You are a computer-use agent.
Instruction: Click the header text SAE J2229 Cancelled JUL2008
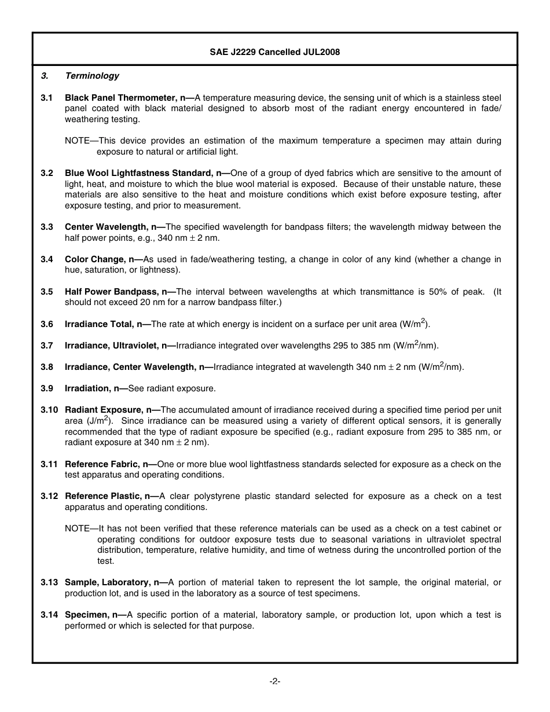tap(274, 52)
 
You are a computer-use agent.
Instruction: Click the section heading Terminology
tap(92, 76)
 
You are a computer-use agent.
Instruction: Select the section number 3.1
tap(47, 98)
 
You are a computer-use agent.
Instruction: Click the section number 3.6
tap(47, 324)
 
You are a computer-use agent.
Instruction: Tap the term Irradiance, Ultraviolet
tap(112, 346)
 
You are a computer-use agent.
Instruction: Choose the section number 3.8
tap(47, 367)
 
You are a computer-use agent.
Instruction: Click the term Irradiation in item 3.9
tap(87, 388)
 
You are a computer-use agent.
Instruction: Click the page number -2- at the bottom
tap(275, 681)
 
